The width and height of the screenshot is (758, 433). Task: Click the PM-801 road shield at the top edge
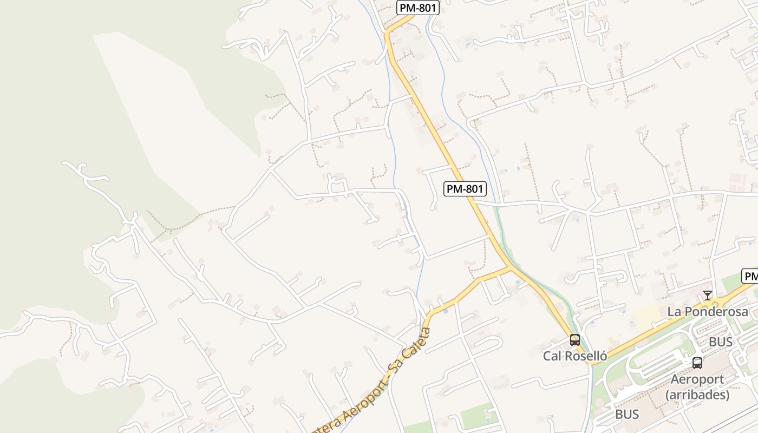click(417, 8)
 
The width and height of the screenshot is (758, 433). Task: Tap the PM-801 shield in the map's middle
click(465, 189)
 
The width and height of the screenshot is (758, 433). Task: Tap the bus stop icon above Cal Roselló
click(575, 340)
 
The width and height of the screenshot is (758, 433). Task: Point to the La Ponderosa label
click(708, 312)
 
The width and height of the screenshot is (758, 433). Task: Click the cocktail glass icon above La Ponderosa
click(708, 296)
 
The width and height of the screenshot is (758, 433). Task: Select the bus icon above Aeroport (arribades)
click(697, 363)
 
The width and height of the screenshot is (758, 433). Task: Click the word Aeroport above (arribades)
click(697, 379)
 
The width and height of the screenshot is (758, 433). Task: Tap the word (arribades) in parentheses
click(697, 395)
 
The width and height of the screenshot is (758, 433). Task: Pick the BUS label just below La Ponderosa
click(721, 342)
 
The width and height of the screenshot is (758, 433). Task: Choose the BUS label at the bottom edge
click(627, 415)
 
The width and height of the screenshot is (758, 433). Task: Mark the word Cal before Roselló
click(552, 356)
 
